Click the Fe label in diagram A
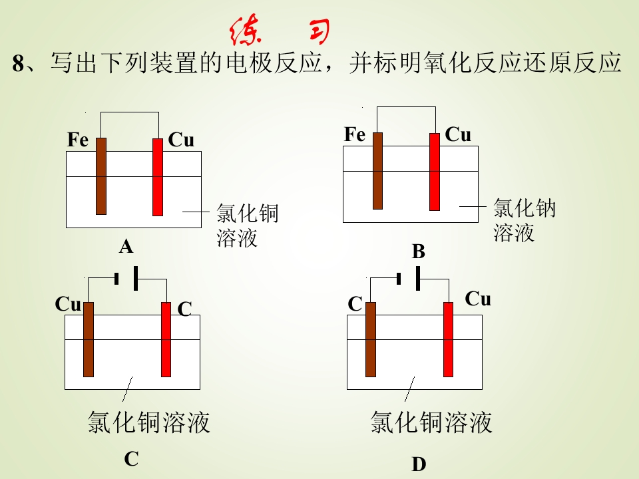pyautogui.click(x=78, y=140)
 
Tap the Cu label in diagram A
pyautogui.click(x=181, y=140)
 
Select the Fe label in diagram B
pyautogui.click(x=355, y=134)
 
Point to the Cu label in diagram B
pyautogui.click(x=458, y=134)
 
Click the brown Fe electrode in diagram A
pyautogui.click(x=101, y=176)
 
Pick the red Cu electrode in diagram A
pyautogui.click(x=158, y=177)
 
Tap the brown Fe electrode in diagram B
pyautogui.click(x=378, y=171)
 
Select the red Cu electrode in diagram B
pyautogui.click(x=435, y=172)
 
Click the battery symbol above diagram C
pyautogui.click(x=126, y=279)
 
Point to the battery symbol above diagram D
pyautogui.click(x=408, y=279)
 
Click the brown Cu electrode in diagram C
pyautogui.click(x=89, y=340)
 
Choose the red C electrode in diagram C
pyautogui.click(x=166, y=340)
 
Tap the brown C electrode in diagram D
pyautogui.click(x=371, y=340)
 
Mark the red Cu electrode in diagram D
pyautogui.click(x=448, y=340)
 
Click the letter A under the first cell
pyautogui.click(x=126, y=246)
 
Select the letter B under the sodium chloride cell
pyautogui.click(x=419, y=251)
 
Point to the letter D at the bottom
pyautogui.click(x=419, y=464)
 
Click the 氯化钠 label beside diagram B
pyautogui.click(x=525, y=208)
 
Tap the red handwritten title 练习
pyautogui.click(x=280, y=30)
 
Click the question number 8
pyautogui.click(x=19, y=63)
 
